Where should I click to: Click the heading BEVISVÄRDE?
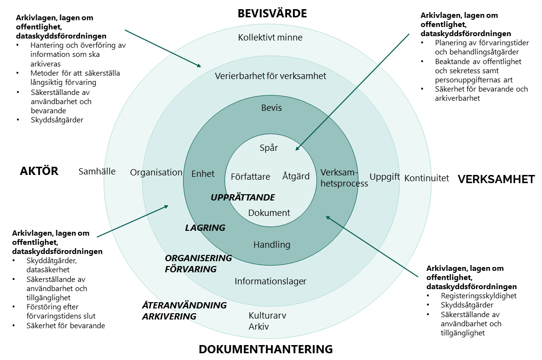pyautogui.click(x=272, y=13)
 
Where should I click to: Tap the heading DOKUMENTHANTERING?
pyautogui.click(x=265, y=349)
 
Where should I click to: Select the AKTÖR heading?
pyautogui.click(x=39, y=171)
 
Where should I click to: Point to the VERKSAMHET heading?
pyautogui.click(x=496, y=179)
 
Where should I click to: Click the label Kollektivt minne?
pyautogui.click(x=270, y=37)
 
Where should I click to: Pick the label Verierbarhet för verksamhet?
pyautogui.click(x=270, y=76)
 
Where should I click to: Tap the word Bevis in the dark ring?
pyautogui.click(x=271, y=107)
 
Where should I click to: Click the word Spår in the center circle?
pyautogui.click(x=269, y=148)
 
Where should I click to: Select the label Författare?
pyautogui.click(x=251, y=176)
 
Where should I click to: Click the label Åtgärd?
pyautogui.click(x=296, y=176)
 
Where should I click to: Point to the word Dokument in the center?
pyautogui.click(x=269, y=213)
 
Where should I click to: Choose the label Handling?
pyautogui.click(x=272, y=245)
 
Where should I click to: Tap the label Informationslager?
pyautogui.click(x=270, y=281)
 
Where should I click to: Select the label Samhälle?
pyautogui.click(x=97, y=172)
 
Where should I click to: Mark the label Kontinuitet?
pyautogui.click(x=426, y=178)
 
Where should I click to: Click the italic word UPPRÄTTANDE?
pyautogui.click(x=243, y=198)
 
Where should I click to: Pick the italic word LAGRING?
pyautogui.click(x=205, y=227)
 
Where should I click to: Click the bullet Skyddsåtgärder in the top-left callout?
pyautogui.click(x=57, y=120)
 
